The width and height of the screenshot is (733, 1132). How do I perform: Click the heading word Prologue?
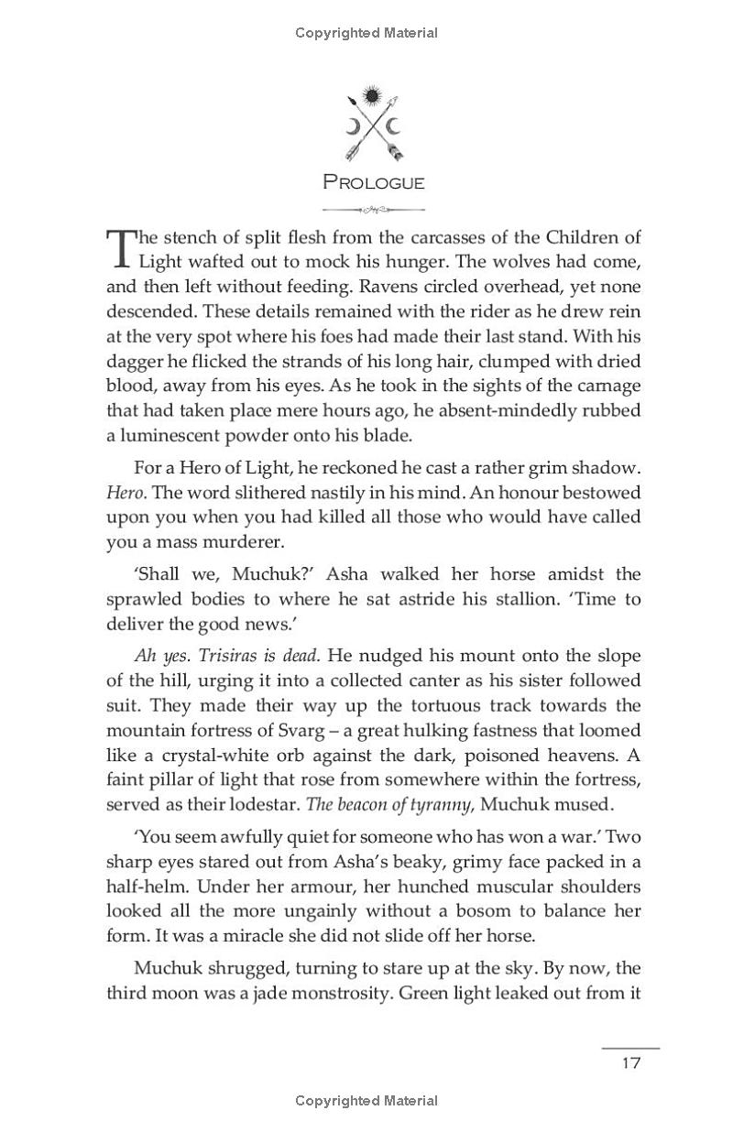[x=374, y=182]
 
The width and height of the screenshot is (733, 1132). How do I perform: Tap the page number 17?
[x=629, y=1062]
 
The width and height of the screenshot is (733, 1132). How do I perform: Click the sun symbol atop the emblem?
[x=371, y=94]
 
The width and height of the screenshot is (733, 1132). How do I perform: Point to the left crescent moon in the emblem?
[x=352, y=125]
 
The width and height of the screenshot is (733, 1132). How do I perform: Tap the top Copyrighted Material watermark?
[x=366, y=33]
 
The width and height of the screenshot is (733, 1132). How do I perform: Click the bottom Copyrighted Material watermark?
[x=366, y=1100]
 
